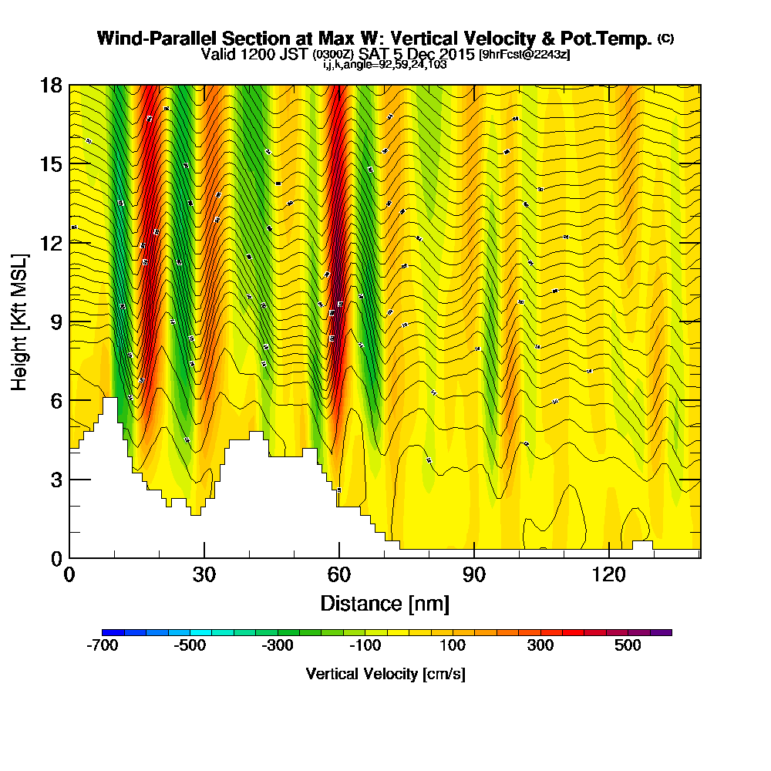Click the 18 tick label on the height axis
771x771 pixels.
pyautogui.click(x=51, y=85)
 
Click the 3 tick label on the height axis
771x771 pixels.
pyautogui.click(x=56, y=479)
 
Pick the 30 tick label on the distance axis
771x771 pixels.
pyautogui.click(x=204, y=575)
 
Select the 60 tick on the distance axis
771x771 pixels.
pyautogui.click(x=339, y=575)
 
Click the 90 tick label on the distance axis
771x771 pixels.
pyautogui.click(x=474, y=575)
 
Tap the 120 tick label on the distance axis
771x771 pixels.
pyautogui.click(x=609, y=575)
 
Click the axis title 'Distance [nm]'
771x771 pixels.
pyautogui.click(x=385, y=602)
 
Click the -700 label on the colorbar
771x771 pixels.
pyautogui.click(x=103, y=645)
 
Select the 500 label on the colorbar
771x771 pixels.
pyautogui.click(x=628, y=645)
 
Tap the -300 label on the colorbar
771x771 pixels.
pyautogui.click(x=278, y=645)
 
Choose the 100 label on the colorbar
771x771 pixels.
pyautogui.click(x=453, y=645)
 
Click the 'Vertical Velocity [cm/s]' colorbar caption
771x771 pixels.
pyautogui.click(x=385, y=674)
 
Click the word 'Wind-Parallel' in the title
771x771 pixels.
pyautogui.click(x=144, y=39)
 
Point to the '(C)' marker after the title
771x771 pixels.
pyautogui.click(x=665, y=39)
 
